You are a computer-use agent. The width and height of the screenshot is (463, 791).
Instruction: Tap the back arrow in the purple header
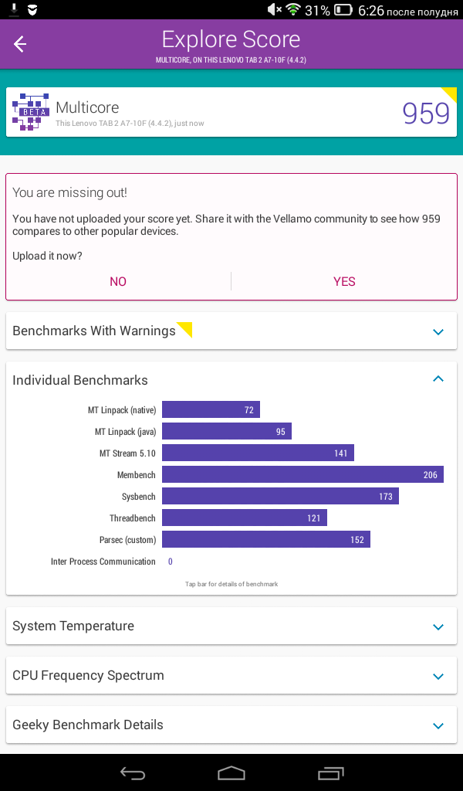click(19, 44)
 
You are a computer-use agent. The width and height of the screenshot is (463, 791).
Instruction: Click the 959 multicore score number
click(426, 114)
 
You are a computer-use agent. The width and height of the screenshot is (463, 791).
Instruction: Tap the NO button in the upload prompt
click(118, 281)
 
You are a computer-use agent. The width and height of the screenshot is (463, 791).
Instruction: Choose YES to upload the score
click(344, 281)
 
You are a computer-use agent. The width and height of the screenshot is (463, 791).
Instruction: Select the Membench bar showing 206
click(302, 475)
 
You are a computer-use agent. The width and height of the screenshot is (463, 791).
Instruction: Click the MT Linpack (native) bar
click(211, 409)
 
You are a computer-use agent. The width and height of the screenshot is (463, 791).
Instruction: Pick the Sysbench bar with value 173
click(280, 497)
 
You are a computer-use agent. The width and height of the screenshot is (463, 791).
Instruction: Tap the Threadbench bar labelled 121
click(245, 518)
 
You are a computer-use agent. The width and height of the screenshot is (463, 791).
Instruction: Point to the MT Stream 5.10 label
click(127, 453)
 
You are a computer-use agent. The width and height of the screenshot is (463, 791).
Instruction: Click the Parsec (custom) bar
click(266, 540)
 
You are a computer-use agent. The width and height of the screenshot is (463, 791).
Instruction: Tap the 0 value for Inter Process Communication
click(171, 562)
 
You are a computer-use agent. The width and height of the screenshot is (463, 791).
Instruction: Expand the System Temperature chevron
click(438, 627)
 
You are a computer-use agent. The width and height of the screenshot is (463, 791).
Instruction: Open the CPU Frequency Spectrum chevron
click(438, 677)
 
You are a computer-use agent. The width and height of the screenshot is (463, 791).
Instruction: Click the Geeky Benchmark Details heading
click(88, 725)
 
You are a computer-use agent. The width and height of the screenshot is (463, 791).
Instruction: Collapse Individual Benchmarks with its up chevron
click(438, 379)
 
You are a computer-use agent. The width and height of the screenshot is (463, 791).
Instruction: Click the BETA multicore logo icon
click(31, 112)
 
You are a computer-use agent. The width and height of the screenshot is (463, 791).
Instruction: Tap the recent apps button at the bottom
click(330, 772)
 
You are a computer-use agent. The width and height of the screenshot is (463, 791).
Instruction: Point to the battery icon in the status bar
click(343, 9)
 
